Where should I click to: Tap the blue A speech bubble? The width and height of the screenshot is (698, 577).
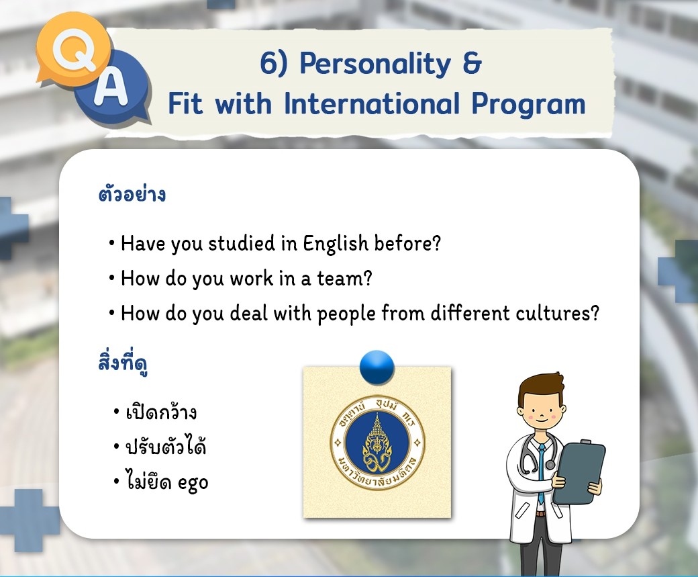point(113,87)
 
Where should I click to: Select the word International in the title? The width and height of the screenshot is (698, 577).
point(372,103)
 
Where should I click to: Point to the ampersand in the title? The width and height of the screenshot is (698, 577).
point(472,63)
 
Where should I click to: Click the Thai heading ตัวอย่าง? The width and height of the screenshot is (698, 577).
point(132,194)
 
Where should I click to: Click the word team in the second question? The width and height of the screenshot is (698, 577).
point(344,279)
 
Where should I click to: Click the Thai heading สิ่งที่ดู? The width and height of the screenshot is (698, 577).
point(123,362)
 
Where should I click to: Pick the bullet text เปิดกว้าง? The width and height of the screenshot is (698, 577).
point(161,412)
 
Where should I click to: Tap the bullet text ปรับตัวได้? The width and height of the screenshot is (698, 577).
point(166,446)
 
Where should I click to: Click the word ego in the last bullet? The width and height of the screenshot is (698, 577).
point(193,483)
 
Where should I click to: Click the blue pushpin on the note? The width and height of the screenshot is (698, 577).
point(377,367)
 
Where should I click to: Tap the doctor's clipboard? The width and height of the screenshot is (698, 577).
point(579,472)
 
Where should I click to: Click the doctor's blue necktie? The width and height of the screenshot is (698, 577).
point(542,472)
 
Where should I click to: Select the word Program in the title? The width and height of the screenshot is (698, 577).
point(528,104)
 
